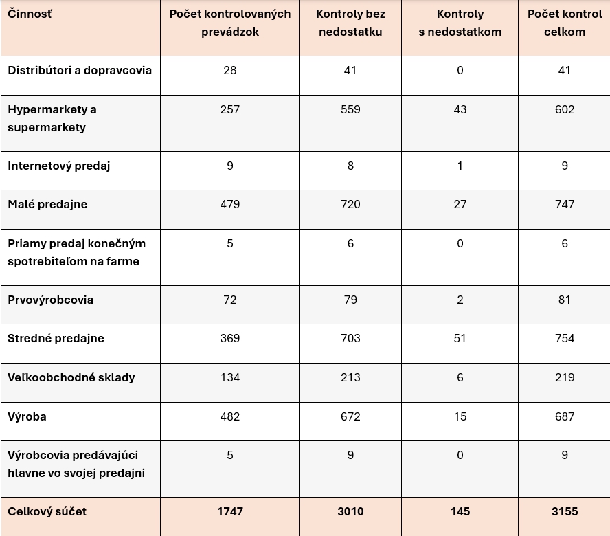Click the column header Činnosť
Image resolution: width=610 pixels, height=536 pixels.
[30, 14]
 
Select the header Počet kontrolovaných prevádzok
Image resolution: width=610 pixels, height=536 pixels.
[230, 23]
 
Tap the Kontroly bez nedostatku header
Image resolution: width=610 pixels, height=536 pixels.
[350, 23]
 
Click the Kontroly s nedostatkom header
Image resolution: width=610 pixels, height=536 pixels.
[460, 23]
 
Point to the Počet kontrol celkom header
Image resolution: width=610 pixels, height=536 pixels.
[565, 23]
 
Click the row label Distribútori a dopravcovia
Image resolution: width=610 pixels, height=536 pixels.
[80, 70]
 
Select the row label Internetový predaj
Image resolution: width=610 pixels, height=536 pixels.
[59, 166]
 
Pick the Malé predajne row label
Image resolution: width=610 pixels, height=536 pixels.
[47, 204]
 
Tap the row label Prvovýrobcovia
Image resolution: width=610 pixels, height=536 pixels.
[51, 300]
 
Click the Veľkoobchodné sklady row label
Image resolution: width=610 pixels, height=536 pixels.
[71, 377]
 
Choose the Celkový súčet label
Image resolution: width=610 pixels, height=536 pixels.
[47, 511]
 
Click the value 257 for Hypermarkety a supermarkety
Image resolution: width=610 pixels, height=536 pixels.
[230, 109]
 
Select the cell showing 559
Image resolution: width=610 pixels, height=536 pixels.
[350, 109]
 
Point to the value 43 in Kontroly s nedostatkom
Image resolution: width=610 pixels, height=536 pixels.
[460, 109]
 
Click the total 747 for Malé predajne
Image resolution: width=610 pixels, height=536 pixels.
[565, 204]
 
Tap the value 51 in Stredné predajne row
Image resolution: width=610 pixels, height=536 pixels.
[460, 338]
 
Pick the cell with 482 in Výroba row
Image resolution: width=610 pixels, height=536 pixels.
[230, 416]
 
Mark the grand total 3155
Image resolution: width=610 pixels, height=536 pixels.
[565, 511]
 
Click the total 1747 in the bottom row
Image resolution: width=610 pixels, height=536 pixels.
[230, 511]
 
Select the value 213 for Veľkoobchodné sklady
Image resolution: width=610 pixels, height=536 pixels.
[350, 377]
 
